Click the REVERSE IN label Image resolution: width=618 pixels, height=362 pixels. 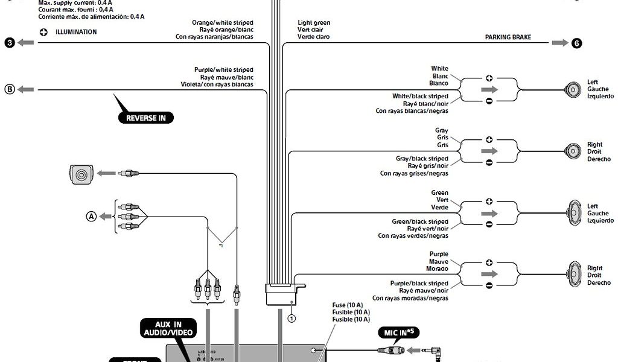tap(145, 118)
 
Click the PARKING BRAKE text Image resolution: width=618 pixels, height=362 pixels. tap(508, 37)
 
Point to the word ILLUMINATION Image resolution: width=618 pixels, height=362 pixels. tap(76, 32)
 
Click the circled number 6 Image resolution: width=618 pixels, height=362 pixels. tap(577, 43)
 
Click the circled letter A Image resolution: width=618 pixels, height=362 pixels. tap(91, 216)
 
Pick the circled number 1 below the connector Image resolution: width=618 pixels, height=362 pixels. tap(291, 318)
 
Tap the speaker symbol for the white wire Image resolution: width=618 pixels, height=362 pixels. tap(572, 89)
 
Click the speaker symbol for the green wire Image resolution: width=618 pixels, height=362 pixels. tap(573, 213)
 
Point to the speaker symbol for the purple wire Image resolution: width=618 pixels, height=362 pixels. tap(573, 275)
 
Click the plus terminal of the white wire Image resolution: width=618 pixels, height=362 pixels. tap(489, 78)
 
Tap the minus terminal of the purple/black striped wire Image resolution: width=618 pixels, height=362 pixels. tap(489, 285)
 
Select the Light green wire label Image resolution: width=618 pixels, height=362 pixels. tap(314, 23)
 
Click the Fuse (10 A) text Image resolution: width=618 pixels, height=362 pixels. tap(347, 305)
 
